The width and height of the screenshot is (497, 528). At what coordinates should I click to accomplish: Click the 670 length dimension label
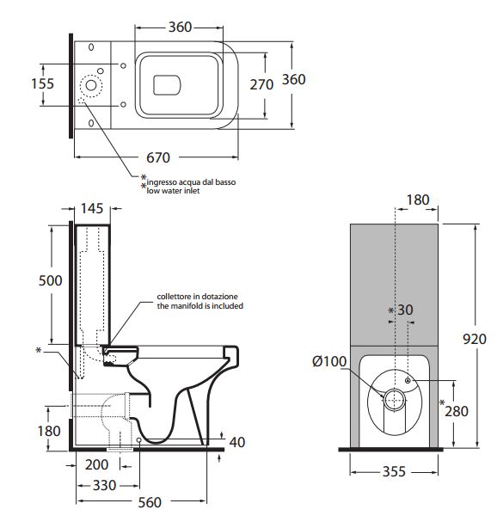(158, 157)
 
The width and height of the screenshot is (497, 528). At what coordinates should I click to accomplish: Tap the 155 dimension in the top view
(42, 84)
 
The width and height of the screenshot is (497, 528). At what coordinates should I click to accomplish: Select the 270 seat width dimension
(261, 84)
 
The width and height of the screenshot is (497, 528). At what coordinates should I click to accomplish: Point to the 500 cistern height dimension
(50, 280)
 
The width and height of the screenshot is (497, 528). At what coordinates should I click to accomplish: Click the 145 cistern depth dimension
(92, 208)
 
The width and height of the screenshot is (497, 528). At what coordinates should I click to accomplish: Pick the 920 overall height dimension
(475, 339)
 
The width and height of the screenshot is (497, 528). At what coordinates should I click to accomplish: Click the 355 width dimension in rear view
(394, 471)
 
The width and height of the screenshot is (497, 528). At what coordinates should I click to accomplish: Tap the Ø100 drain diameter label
(329, 361)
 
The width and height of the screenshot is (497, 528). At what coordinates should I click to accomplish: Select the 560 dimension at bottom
(150, 502)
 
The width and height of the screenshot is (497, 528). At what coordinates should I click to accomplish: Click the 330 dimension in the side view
(104, 485)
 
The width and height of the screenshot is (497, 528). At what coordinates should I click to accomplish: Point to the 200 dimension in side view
(96, 464)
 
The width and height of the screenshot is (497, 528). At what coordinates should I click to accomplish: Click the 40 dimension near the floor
(237, 442)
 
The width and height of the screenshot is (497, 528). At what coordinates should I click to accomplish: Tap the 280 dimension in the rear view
(457, 411)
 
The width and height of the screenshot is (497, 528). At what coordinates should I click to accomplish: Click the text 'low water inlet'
(173, 191)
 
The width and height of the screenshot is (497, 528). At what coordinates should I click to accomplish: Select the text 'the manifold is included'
(200, 306)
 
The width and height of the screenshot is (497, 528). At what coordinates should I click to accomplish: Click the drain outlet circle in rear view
(395, 400)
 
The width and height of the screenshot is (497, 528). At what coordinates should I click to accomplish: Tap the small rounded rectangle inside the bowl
(167, 85)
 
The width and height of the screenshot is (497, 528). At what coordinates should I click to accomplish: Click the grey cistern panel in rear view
(395, 285)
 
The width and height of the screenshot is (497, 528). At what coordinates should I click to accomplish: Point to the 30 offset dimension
(405, 310)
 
